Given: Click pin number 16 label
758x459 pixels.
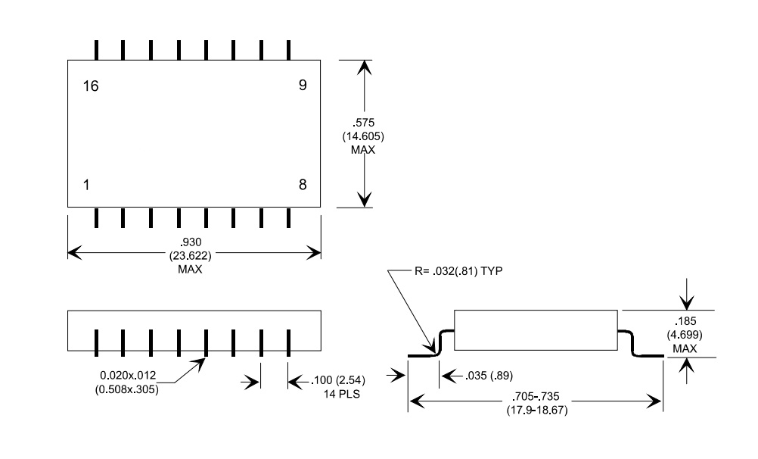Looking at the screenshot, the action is coord(91,86).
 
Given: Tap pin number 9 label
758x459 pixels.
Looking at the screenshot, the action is coord(303,86).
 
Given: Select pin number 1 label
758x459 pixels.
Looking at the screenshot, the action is coord(86,185).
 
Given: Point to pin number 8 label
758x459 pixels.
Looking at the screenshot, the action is coord(303,185).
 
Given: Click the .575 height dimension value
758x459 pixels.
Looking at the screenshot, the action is coord(363,123).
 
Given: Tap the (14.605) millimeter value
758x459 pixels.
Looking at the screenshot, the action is coord(363,136).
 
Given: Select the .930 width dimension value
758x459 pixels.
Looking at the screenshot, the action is coord(190,242).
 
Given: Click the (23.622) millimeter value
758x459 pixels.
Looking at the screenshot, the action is coord(190,255).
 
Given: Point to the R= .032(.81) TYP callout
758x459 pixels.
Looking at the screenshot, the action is coord(458,270).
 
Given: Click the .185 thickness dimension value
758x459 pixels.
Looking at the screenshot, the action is coord(685,321).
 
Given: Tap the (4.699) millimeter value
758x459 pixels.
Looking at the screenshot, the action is coord(685,335).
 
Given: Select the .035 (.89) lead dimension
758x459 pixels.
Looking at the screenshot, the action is coord(489,375).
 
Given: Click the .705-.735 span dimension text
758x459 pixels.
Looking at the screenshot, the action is coord(535,397).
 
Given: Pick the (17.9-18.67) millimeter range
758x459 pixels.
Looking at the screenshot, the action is coord(536,410).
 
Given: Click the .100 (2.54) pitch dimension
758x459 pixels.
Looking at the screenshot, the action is coord(338,380).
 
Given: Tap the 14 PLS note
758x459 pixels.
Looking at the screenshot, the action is coord(342,394).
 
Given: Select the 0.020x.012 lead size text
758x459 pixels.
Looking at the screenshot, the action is coord(128,375).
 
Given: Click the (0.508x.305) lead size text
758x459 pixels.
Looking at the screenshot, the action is coord(126,389).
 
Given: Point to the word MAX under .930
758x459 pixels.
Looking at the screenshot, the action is coord(190,269).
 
